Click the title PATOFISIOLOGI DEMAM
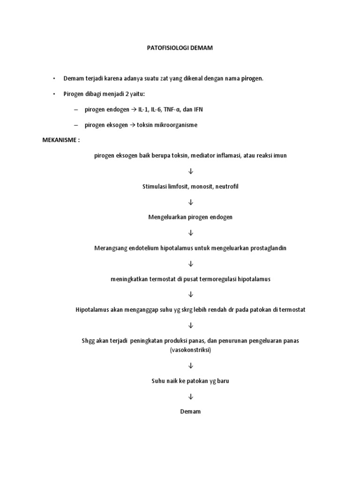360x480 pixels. point(180,48)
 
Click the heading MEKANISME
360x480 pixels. point(60,140)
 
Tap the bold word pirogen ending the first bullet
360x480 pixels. point(252,78)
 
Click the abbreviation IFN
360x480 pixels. point(199,109)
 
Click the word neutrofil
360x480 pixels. point(227,187)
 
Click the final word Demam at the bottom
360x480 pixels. point(190,411)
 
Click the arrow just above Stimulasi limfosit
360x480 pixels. point(190,171)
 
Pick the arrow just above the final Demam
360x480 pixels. point(190,396)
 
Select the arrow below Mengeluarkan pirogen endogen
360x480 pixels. point(190,233)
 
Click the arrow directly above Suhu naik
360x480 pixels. point(190,365)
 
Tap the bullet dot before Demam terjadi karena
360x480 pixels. point(54,78)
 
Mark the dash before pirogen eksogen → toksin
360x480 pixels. point(75,125)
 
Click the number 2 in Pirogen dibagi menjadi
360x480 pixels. point(121,94)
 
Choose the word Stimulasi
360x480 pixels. point(154,187)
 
